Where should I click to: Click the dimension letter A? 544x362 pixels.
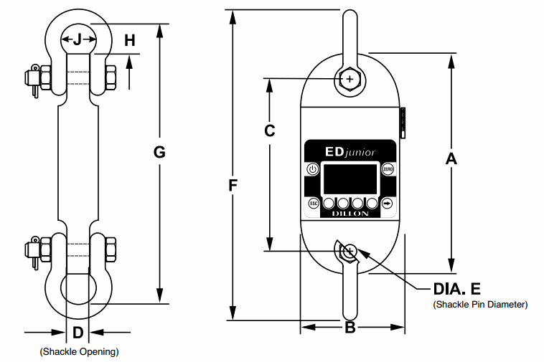pyautogui.click(x=451, y=159)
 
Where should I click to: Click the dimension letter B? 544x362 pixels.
pyautogui.click(x=351, y=328)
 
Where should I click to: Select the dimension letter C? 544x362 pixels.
pyautogui.click(x=270, y=131)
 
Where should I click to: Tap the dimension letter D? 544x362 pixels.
pyautogui.click(x=78, y=332)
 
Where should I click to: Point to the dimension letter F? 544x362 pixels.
pyautogui.click(x=233, y=186)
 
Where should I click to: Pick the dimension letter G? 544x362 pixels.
pyautogui.click(x=159, y=152)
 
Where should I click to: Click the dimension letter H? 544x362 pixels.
pyautogui.click(x=129, y=41)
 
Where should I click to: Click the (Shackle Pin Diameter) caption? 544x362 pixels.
pyautogui.click(x=480, y=305)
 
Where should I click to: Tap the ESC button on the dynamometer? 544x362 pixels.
pyautogui.click(x=313, y=203)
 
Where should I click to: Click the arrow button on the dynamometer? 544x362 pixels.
pyautogui.click(x=388, y=203)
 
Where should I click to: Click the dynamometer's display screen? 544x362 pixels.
pyautogui.click(x=350, y=176)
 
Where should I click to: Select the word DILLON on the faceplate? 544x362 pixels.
pyautogui.click(x=350, y=214)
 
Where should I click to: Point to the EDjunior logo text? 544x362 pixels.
pyautogui.click(x=350, y=151)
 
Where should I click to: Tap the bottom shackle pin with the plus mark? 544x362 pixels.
pyautogui.click(x=349, y=251)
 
